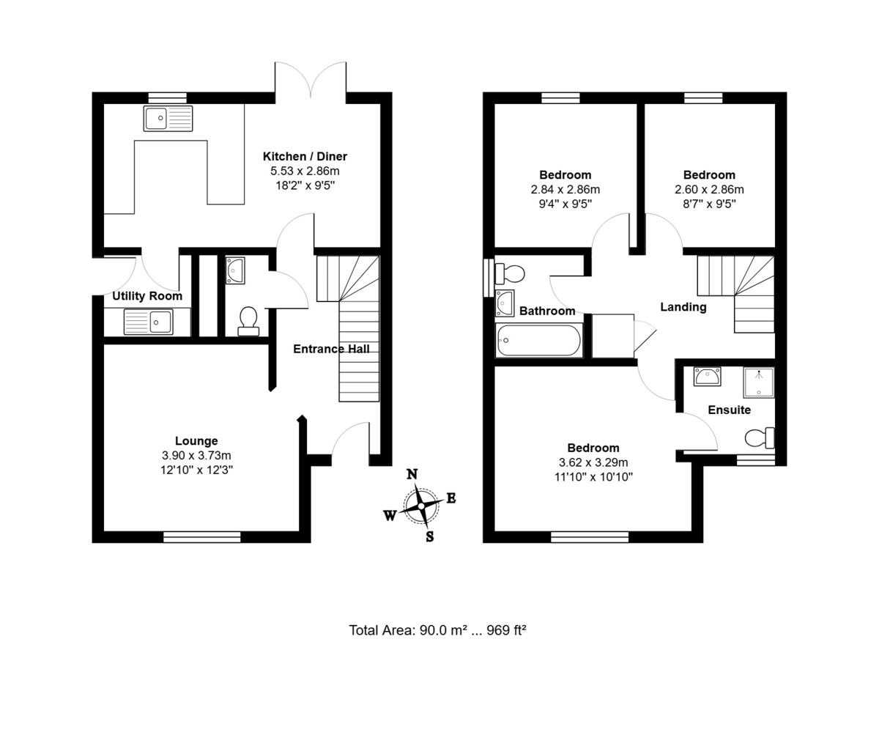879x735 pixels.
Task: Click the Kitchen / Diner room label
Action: click(x=305, y=156)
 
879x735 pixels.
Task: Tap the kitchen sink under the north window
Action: click(x=168, y=118)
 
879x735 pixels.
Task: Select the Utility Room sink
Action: click(x=149, y=321)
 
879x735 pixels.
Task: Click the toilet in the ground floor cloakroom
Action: click(x=248, y=320)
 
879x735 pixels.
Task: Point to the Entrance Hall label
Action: click(x=331, y=349)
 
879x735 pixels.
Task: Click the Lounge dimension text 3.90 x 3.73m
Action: click(x=196, y=455)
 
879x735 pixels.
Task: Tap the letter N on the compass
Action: click(x=412, y=474)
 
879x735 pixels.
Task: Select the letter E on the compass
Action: click(x=451, y=498)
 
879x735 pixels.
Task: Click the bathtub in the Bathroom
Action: click(x=539, y=340)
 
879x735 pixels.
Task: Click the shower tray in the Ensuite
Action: click(x=759, y=383)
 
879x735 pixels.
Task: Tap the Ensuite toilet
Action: click(x=759, y=438)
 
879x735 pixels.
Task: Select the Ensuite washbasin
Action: click(x=707, y=377)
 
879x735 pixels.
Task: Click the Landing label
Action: click(x=683, y=307)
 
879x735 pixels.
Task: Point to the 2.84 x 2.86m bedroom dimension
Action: click(x=565, y=189)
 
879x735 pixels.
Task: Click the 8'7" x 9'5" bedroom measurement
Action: click(x=709, y=203)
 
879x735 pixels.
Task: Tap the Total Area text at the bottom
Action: click(x=437, y=630)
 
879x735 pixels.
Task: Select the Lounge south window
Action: click(x=202, y=537)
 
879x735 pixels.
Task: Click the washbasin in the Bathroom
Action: click(x=505, y=303)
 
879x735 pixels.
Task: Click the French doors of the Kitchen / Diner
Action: click(x=311, y=81)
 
